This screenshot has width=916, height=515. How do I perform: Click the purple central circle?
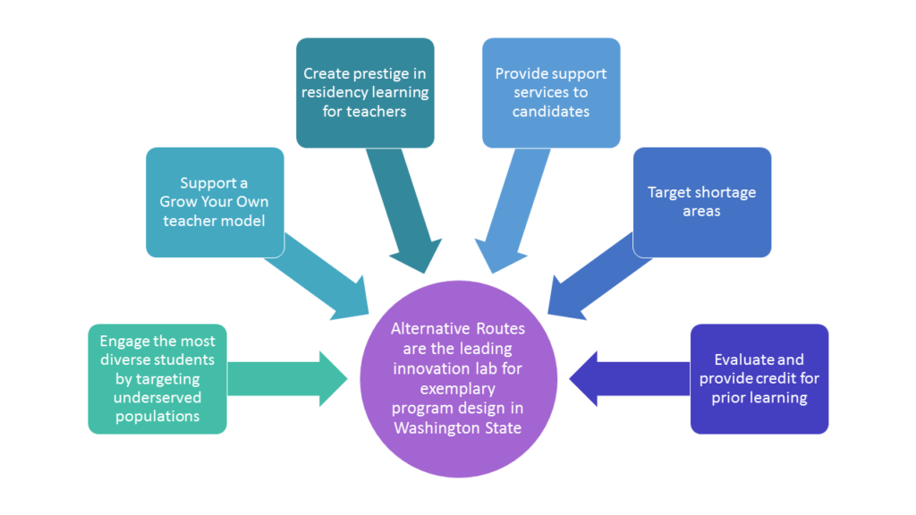tap(458, 379)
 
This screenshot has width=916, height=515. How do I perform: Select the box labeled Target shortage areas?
tap(701, 202)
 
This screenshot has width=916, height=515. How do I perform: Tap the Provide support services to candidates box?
tap(551, 93)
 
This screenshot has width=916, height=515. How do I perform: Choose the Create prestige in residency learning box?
tap(365, 93)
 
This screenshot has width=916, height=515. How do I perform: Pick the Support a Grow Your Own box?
tap(215, 202)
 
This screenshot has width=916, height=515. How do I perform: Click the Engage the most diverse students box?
tap(157, 379)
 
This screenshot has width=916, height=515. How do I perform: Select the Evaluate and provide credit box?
tap(759, 379)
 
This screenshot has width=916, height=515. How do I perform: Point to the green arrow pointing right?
tap(287, 379)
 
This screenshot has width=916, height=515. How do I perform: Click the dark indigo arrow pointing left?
tap(630, 379)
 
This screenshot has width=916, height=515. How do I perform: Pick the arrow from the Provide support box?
tap(511, 211)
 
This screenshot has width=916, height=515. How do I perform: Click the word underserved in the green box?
tap(157, 398)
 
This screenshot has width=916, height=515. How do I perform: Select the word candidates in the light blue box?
tap(551, 112)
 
